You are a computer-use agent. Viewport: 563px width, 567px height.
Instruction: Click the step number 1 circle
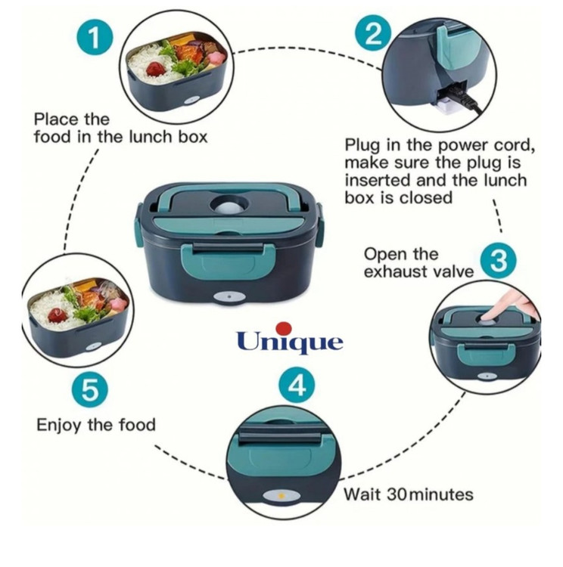(x=94, y=40)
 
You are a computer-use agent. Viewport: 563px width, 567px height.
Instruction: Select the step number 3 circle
(x=498, y=261)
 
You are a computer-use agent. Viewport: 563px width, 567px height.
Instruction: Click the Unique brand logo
(x=289, y=340)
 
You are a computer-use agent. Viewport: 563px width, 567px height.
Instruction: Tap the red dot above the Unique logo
(x=284, y=328)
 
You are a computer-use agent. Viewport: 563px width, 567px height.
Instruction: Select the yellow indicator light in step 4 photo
(x=280, y=496)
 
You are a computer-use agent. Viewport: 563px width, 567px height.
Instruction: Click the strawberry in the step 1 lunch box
(x=156, y=70)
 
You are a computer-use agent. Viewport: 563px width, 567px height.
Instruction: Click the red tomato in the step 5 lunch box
(x=57, y=314)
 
